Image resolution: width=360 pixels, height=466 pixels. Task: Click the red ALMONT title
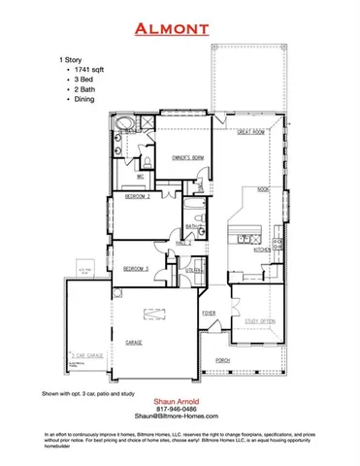pos(180,28)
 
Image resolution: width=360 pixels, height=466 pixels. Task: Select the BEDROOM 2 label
pos(137,197)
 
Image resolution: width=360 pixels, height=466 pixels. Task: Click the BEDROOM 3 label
pos(137,267)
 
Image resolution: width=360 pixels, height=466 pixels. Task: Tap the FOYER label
pos(209,314)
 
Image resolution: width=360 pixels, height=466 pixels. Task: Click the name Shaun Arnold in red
pos(180,402)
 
